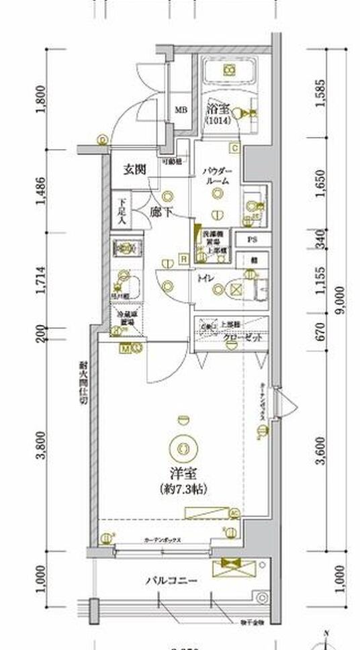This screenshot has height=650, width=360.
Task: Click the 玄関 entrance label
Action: coord(134,169)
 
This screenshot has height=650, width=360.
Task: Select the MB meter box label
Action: coord(181,110)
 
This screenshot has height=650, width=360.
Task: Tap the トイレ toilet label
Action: coord(205,277)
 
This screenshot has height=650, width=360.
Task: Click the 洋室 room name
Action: coord(181,473)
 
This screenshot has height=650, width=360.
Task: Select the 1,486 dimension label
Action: coord(42,193)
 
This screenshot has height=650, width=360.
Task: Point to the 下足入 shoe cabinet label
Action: coord(122,210)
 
